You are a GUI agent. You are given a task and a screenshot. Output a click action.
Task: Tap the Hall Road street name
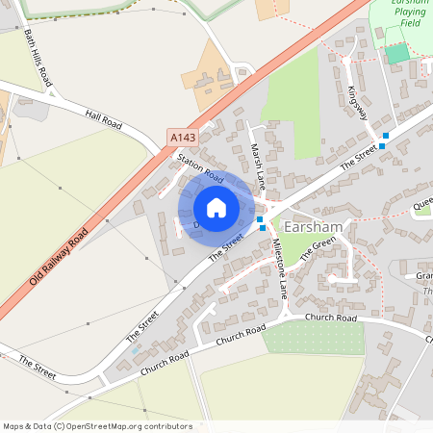tap(105, 119)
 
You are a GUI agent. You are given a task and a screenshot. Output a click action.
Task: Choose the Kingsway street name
tap(359, 102)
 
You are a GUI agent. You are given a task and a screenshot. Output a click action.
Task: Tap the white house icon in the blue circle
tap(216, 208)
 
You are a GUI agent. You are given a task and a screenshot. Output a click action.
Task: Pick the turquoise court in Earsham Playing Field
tap(397, 54)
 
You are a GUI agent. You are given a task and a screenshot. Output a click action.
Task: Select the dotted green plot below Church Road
tap(314, 338)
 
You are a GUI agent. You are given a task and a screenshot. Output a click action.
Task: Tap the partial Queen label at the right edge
tap(422, 204)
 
